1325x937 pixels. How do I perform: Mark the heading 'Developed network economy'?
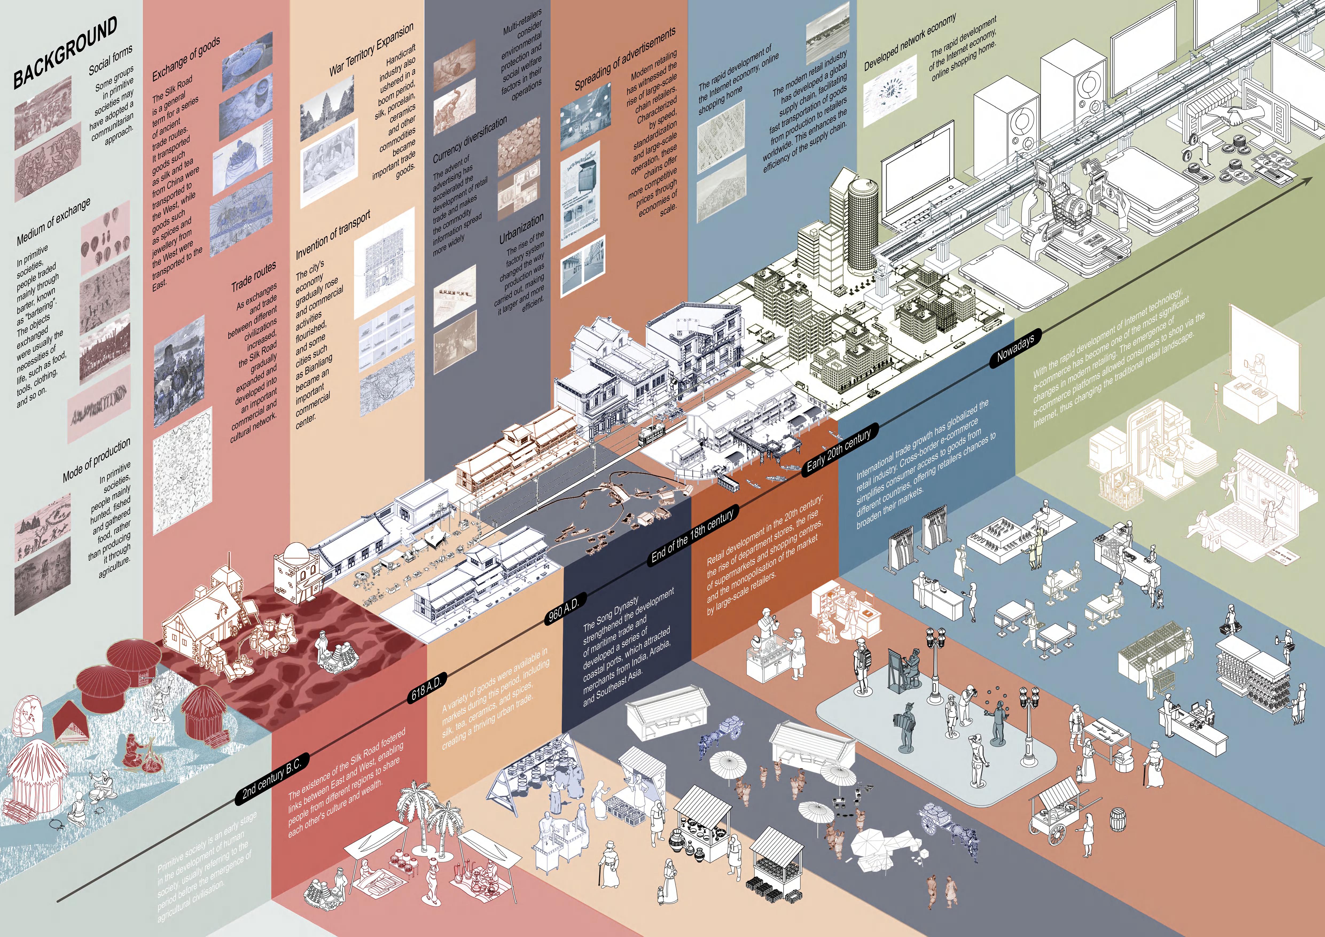coord(909,42)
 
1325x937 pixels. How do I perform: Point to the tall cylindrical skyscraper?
coord(863,225)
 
